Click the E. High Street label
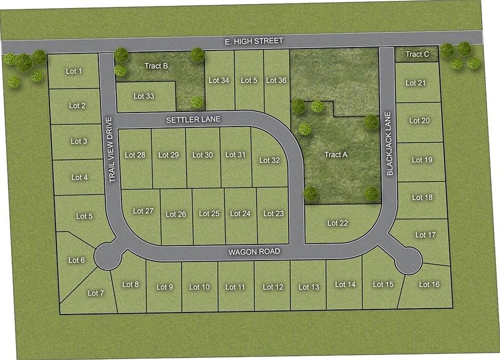(254, 41)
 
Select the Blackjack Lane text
(390, 143)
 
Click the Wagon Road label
(254, 251)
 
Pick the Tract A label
(336, 154)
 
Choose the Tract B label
(156, 66)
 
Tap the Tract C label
(417, 54)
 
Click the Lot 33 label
(144, 96)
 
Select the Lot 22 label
(338, 223)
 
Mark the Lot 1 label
(74, 71)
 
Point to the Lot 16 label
(429, 284)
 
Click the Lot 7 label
(95, 293)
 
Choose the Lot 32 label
(269, 160)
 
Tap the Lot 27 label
(143, 211)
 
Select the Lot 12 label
(273, 287)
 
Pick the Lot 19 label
(422, 160)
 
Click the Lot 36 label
(276, 80)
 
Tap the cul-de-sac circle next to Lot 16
(408, 260)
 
